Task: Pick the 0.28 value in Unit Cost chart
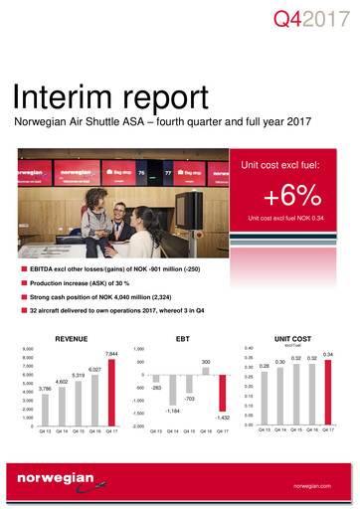pyautogui.click(x=265, y=366)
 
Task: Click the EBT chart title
pyautogui.click(x=185, y=339)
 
